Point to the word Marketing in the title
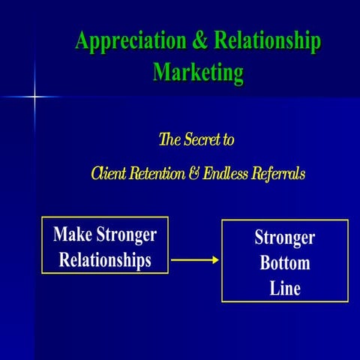click(198, 73)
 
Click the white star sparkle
click(34, 96)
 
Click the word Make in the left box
click(71, 235)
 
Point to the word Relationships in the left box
click(104, 260)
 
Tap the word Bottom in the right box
click(285, 263)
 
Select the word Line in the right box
click(285, 288)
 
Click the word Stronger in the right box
click(285, 238)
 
